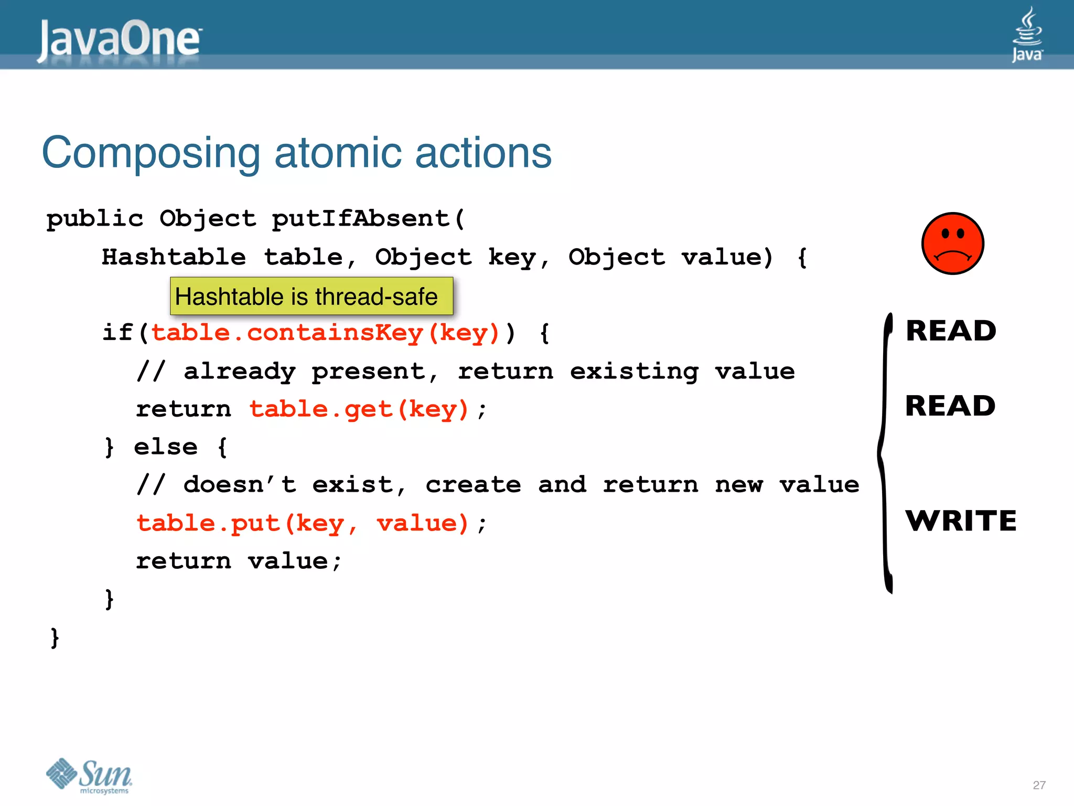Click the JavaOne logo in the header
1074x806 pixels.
pyautogui.click(x=120, y=39)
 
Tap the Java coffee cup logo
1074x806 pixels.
pyautogui.click(x=1027, y=34)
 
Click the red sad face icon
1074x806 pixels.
pyautogui.click(x=952, y=243)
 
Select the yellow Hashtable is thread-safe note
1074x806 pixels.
pyautogui.click(x=312, y=296)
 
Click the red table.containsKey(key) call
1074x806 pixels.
pyautogui.click(x=325, y=333)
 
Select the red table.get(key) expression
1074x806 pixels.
pyautogui.click(x=359, y=409)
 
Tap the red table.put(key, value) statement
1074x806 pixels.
pyautogui.click(x=303, y=523)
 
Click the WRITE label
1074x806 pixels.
pyautogui.click(x=961, y=521)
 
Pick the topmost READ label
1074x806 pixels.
pyautogui.click(x=951, y=331)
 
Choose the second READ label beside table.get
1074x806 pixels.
pyautogui.click(x=950, y=406)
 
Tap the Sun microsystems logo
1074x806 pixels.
pyautogui.click(x=89, y=776)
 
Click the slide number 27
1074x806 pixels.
pyautogui.click(x=1039, y=785)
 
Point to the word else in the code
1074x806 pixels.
pyautogui.click(x=166, y=447)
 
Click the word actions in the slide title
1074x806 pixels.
pyautogui.click(x=483, y=153)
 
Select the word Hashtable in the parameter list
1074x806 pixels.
pyautogui.click(x=174, y=257)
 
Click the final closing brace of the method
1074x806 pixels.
pyautogui.click(x=55, y=638)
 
